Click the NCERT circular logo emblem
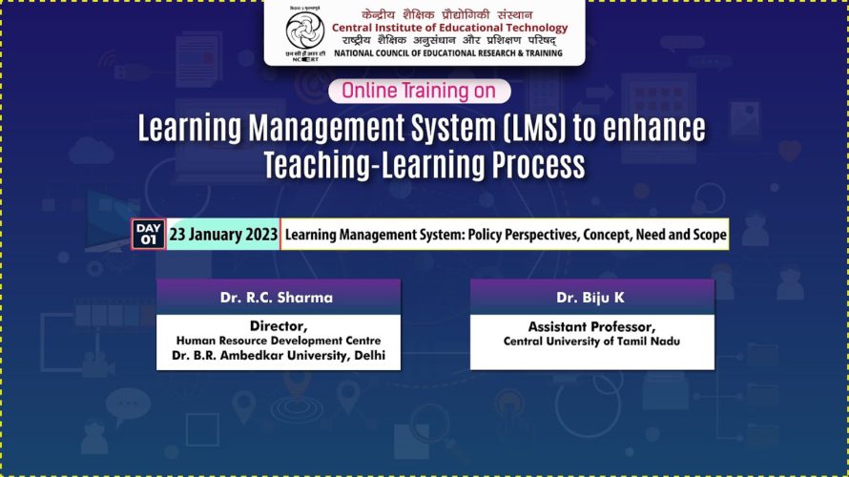pos(305,31)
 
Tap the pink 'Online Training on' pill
pos(420,91)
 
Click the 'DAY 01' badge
pos(149,234)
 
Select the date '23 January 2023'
pos(223,235)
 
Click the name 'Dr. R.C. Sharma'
pos(276,298)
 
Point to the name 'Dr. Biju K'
pos(590,298)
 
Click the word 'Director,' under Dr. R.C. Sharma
pos(279,326)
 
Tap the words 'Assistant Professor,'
pos(591,327)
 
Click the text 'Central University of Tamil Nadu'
pos(591,342)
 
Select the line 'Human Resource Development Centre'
pos(279,341)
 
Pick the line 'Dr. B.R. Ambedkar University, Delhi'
pos(279,356)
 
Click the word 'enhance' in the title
pos(654,129)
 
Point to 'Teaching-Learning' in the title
pos(374,165)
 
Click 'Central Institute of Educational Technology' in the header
pos(450,28)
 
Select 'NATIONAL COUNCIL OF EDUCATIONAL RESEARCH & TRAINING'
pos(448,53)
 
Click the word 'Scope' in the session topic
pos(710,235)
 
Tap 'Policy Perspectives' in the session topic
pos(524,235)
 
